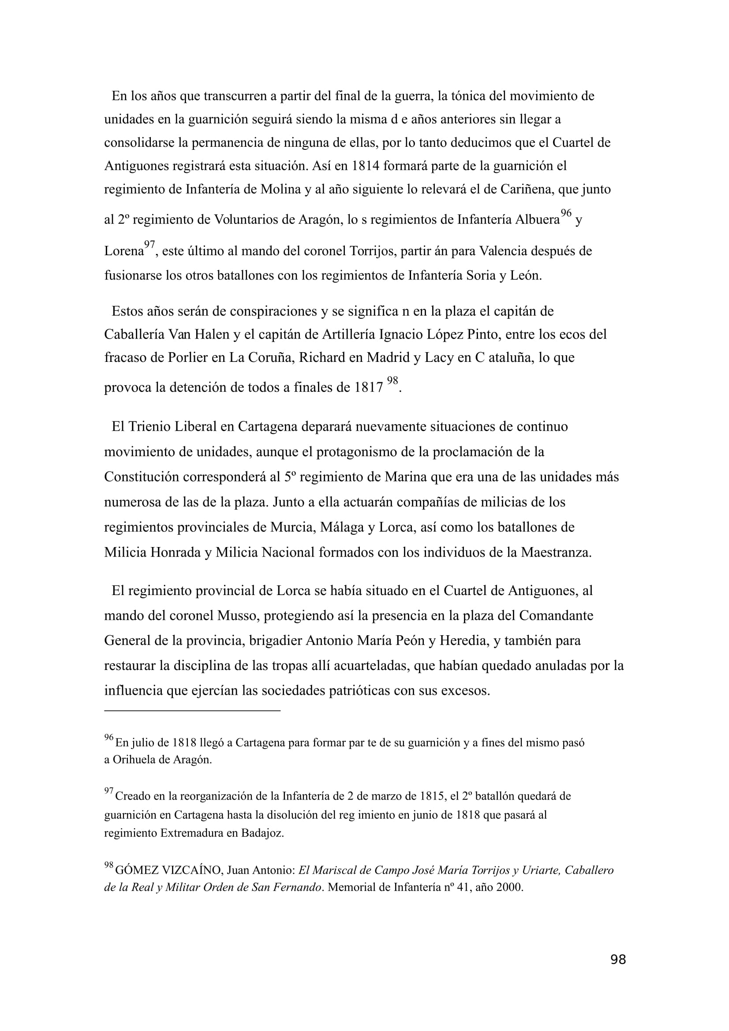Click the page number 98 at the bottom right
click(x=618, y=972)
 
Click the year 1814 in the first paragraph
click(x=365, y=166)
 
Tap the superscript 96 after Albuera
click(x=566, y=213)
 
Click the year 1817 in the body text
click(x=368, y=388)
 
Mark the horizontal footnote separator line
click(x=192, y=711)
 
